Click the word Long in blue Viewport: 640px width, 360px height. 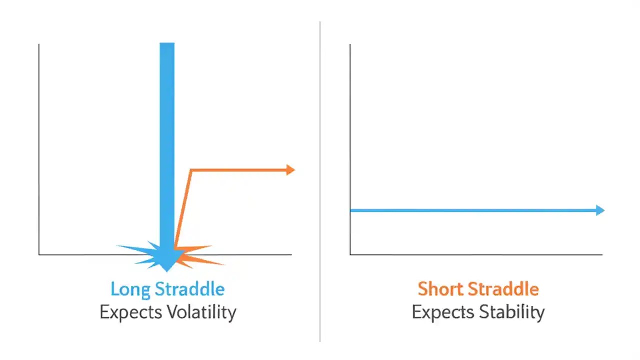pyautogui.click(x=130, y=289)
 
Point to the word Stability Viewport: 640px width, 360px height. pyautogui.click(x=511, y=312)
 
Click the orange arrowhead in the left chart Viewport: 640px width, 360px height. pyautogui.click(x=290, y=170)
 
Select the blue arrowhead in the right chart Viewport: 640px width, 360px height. pyautogui.click(x=600, y=210)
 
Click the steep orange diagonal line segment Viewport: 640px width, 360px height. pyautogui.click(x=182, y=210)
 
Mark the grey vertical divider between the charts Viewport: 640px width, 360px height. pyautogui.click(x=320, y=180)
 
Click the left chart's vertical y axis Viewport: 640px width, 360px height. pyautogui.click(x=39, y=150)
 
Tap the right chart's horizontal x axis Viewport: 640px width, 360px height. pyautogui.click(x=475, y=254)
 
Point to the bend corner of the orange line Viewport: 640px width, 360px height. pyautogui.click(x=191, y=171)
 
